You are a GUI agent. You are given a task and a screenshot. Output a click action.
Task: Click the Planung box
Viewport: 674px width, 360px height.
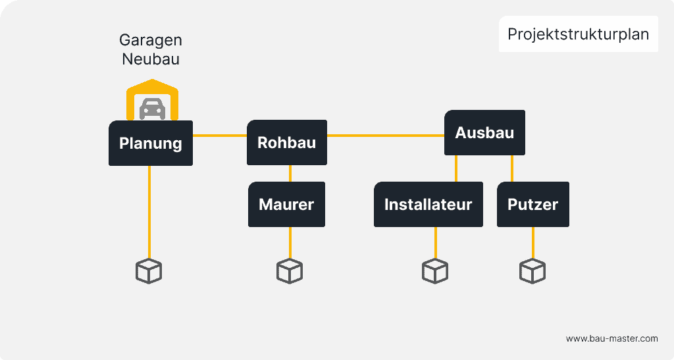(150, 143)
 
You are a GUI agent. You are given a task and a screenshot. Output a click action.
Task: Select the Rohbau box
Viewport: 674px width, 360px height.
(286, 143)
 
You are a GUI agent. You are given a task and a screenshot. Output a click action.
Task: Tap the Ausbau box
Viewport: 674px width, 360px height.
(484, 133)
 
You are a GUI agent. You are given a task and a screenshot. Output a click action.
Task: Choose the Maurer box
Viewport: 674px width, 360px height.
(286, 205)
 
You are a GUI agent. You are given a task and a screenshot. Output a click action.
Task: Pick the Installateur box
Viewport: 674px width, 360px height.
(428, 205)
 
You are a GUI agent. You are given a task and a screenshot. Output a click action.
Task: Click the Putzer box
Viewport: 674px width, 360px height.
(532, 205)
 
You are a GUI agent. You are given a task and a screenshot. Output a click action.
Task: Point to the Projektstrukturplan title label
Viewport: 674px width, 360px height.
(578, 34)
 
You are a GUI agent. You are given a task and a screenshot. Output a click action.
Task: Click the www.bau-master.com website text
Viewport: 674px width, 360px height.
(611, 338)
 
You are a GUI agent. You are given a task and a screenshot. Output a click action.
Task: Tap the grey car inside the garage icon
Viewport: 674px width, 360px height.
(152, 109)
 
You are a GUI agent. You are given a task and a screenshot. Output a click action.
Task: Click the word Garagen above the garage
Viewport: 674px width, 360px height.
(151, 40)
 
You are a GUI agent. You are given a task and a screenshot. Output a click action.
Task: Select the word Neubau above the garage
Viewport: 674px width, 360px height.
(151, 59)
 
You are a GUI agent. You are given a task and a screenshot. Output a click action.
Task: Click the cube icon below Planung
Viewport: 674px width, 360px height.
(149, 271)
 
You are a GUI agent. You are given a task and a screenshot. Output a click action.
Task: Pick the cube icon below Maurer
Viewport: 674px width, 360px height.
(290, 271)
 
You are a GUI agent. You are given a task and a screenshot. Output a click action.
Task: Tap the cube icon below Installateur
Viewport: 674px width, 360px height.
(434, 271)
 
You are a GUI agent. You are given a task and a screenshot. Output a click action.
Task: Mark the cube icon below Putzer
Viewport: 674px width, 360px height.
(532, 271)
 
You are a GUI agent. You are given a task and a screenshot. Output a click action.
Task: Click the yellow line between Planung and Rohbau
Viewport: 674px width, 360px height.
(219, 136)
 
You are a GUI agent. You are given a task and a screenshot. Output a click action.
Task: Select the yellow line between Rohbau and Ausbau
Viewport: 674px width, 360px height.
(385, 136)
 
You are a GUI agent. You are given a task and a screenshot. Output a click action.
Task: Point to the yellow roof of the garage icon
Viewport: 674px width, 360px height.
(153, 85)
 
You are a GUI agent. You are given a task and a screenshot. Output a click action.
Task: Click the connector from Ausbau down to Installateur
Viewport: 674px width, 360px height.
(455, 168)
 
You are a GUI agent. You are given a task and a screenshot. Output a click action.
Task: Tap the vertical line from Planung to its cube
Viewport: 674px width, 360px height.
(149, 211)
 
